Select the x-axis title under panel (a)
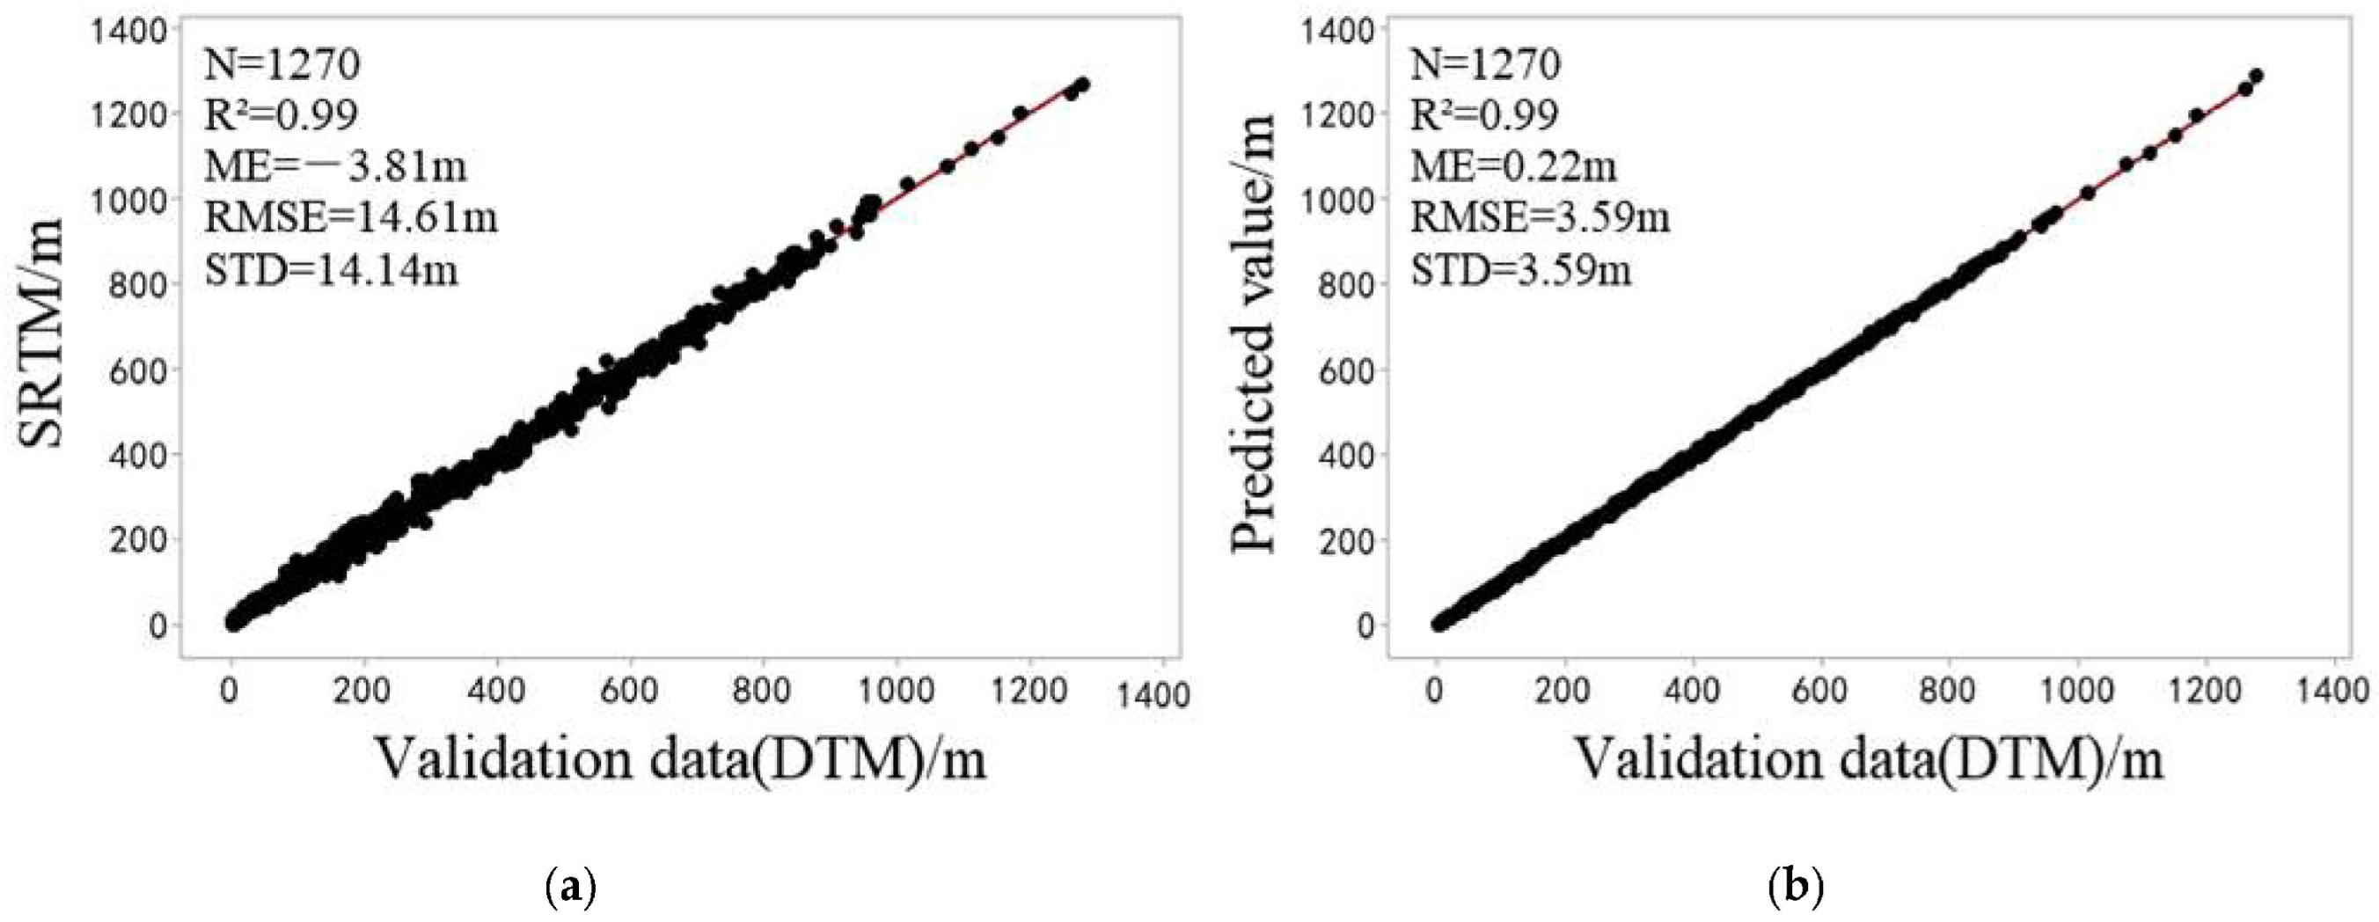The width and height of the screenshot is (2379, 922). (x=682, y=760)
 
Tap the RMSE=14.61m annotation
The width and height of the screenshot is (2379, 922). (x=351, y=218)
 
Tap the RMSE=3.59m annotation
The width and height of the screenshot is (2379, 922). (x=1541, y=218)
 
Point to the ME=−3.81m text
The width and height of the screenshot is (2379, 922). (x=336, y=167)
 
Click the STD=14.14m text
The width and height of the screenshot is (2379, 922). (x=332, y=271)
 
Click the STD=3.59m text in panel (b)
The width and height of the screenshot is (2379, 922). (x=1520, y=271)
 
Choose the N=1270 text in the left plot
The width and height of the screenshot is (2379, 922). (x=282, y=65)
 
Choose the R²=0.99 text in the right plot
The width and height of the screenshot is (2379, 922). (x=1484, y=115)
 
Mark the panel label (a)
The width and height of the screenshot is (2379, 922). (x=566, y=888)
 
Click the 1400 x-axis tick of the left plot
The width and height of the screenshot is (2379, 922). (x=1153, y=695)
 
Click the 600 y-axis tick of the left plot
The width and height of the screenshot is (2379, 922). (x=142, y=370)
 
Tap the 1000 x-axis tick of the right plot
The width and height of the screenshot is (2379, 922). (x=2076, y=690)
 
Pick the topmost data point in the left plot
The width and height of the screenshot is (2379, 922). (x=1083, y=84)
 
